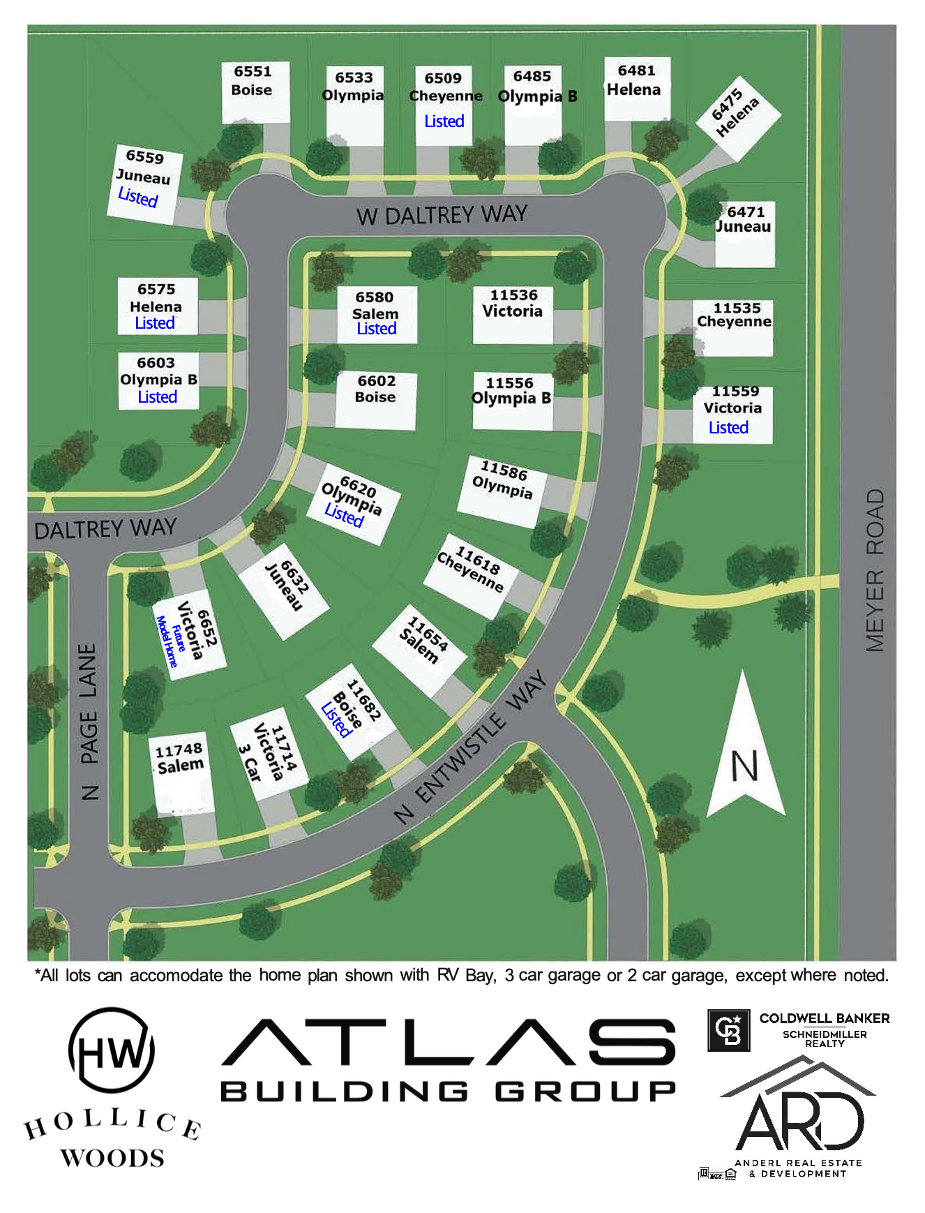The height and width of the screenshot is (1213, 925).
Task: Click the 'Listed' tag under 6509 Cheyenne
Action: pos(444,121)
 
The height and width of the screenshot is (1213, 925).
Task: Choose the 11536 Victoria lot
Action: pos(513,313)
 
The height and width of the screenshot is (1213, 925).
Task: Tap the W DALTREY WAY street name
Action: pos(442,215)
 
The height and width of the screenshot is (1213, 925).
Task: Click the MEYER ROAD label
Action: pos(875,570)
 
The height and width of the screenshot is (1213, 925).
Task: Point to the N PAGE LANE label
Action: pos(89,722)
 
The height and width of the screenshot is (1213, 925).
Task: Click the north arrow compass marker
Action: pos(745,750)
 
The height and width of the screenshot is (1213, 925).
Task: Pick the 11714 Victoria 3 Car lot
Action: pos(269,757)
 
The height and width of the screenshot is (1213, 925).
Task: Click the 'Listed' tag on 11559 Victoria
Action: pos(728,428)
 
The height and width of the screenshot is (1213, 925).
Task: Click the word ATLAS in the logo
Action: pos(449,1043)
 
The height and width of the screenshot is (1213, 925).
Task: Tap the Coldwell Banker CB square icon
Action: pos(728,1030)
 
